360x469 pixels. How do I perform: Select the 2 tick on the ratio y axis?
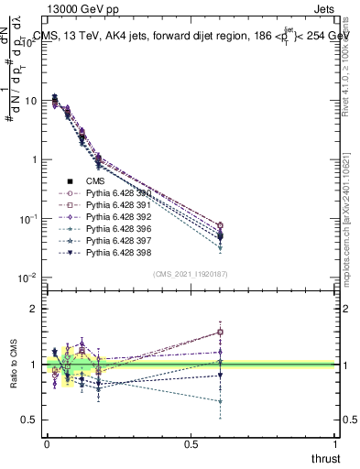point(34,309)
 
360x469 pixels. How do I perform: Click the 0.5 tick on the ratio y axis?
point(29,420)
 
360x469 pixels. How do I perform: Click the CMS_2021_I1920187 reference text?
point(190,274)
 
